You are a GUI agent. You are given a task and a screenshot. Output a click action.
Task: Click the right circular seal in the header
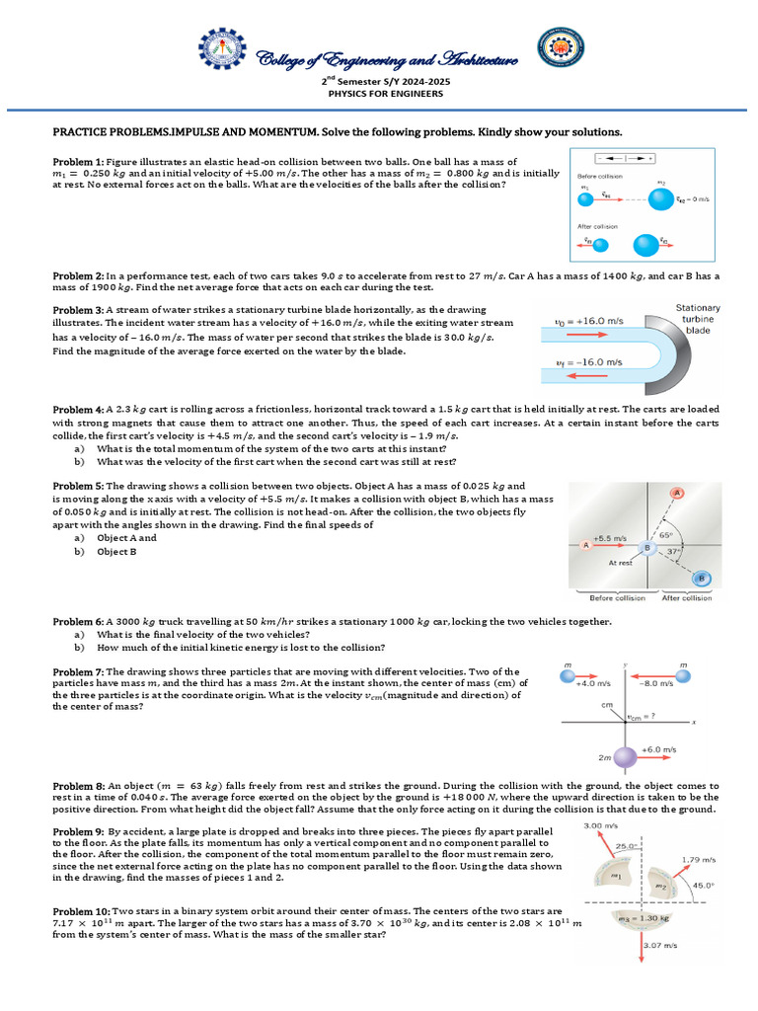(560, 52)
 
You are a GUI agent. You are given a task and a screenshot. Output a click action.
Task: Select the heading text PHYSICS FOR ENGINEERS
(378, 94)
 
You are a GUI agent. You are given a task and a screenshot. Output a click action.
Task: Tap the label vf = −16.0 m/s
(589, 363)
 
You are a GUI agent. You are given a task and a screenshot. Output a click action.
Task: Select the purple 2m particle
(625, 758)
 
